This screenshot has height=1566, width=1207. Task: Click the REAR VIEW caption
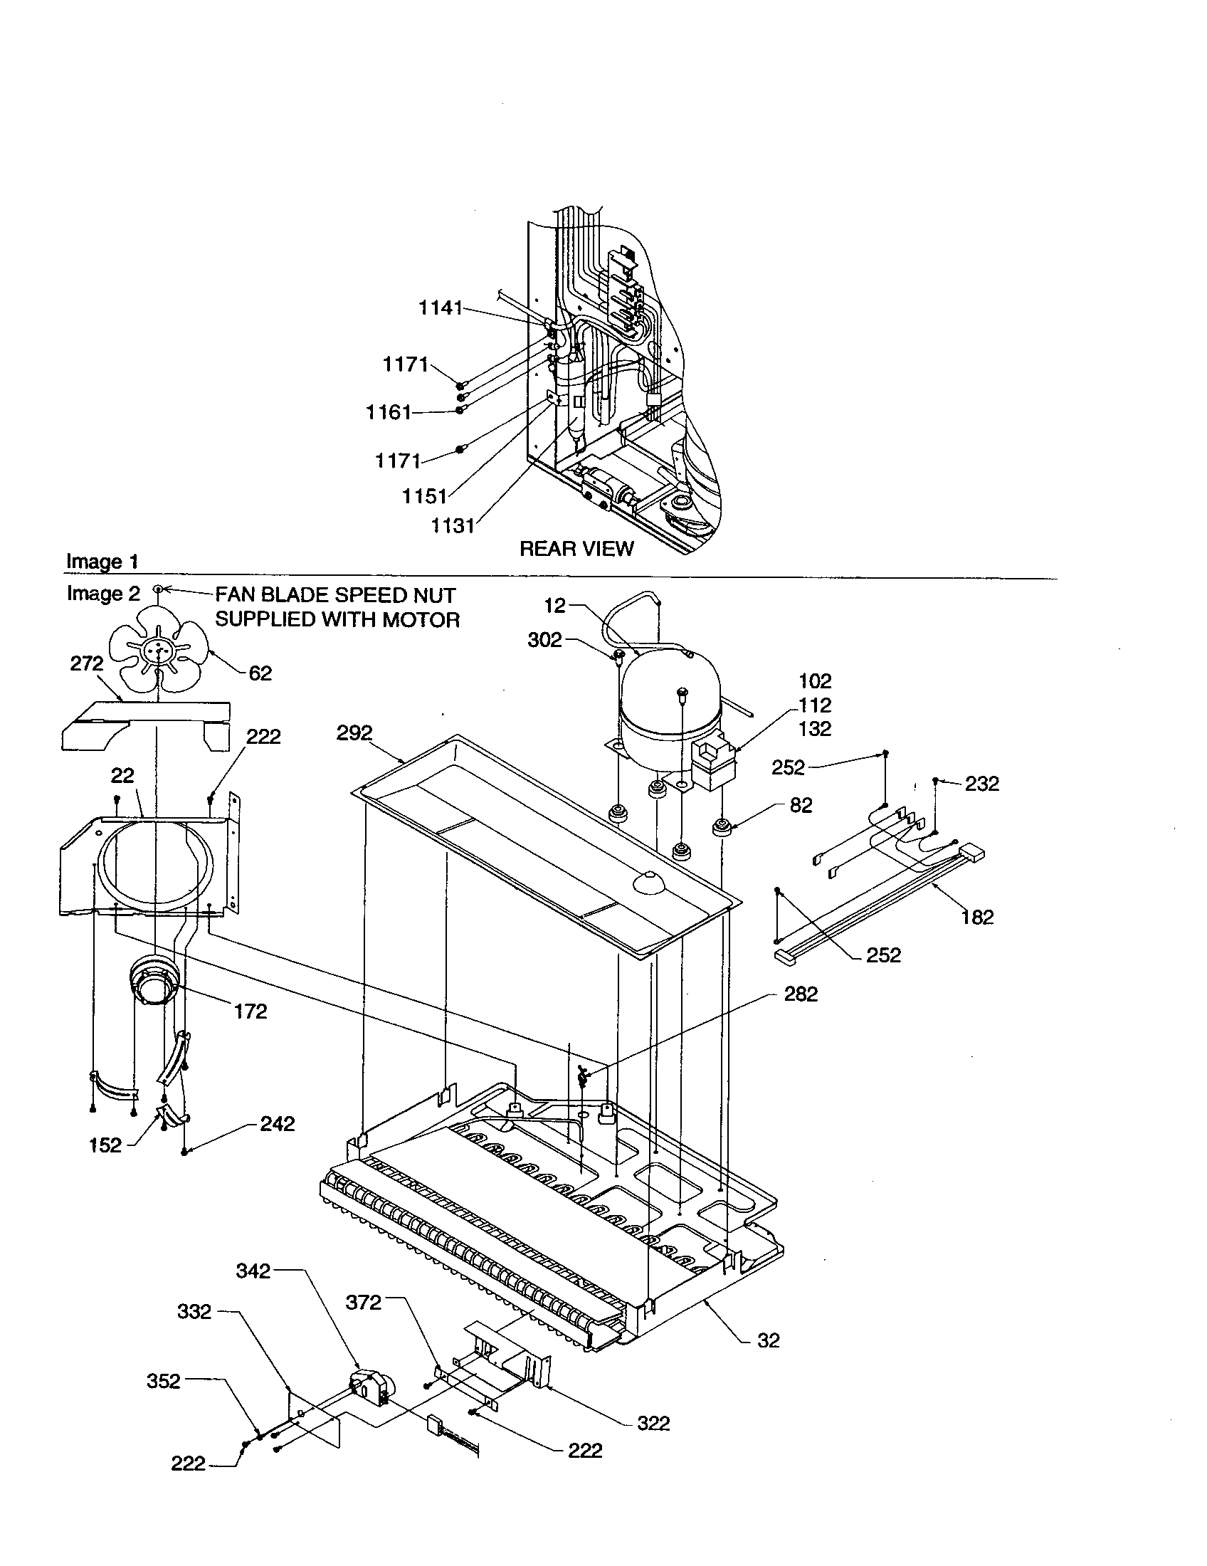[576, 549]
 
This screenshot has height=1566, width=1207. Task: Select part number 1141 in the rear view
[440, 308]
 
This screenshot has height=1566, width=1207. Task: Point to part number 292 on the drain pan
[355, 732]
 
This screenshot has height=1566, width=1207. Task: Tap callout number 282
[800, 994]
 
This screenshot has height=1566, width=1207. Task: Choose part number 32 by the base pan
[768, 1340]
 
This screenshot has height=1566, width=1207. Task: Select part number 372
[364, 1302]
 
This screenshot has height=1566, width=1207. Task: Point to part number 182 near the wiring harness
[977, 916]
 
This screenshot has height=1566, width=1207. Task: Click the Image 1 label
[102, 562]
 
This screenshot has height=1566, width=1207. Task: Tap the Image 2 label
[103, 594]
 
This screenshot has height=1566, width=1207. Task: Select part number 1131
[453, 525]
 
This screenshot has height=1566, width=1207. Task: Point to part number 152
[105, 1145]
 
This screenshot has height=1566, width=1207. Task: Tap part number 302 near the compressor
[544, 640]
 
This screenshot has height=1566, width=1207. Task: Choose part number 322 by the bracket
[653, 1424]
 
